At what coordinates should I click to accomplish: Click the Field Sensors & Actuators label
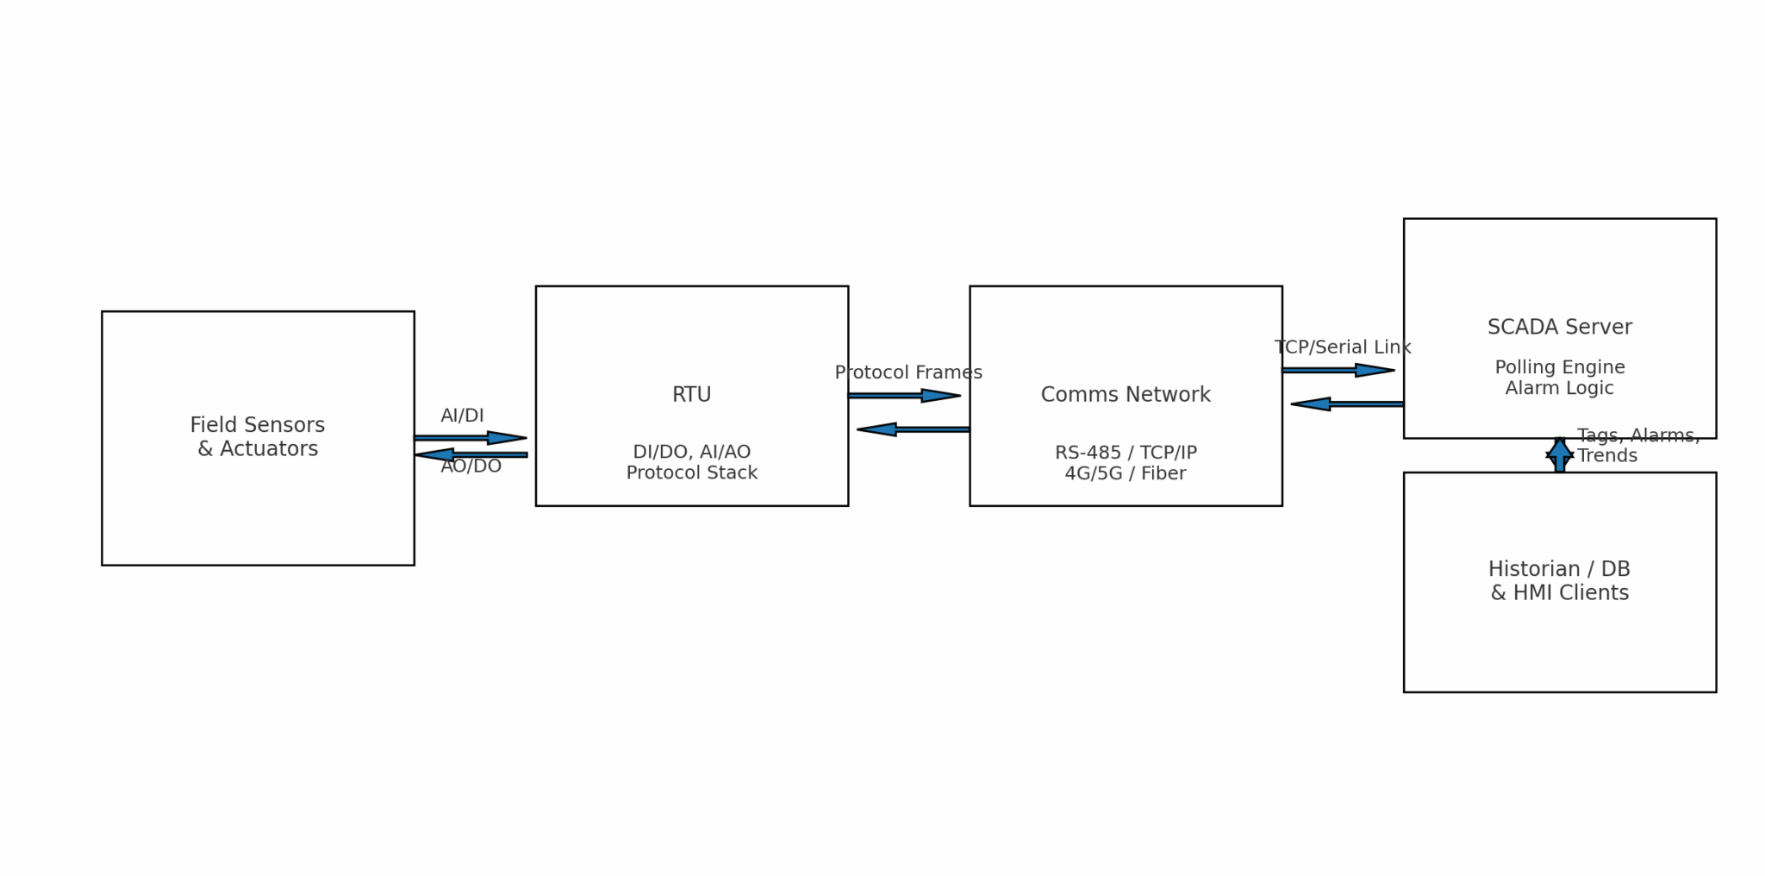257,436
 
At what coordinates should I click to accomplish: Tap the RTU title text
691,395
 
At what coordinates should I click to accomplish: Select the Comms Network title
1125,395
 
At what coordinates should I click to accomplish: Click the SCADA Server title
1559,328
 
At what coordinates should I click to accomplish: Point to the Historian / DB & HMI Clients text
1559,581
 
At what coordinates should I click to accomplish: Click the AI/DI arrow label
462,416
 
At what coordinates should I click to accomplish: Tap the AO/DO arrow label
471,466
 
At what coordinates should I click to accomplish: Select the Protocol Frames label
907,372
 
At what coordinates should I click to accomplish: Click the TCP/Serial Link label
1342,347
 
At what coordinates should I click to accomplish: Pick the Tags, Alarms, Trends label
1637,446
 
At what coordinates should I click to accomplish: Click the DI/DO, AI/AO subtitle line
691,452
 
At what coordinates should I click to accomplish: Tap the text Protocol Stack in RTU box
691,473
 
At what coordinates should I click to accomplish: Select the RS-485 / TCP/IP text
1125,453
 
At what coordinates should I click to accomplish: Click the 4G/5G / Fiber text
1125,473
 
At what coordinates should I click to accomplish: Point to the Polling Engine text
1559,367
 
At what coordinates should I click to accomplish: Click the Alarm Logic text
1559,388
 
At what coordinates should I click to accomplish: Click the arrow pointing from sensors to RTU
471,438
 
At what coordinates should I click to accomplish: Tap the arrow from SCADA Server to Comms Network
1346,404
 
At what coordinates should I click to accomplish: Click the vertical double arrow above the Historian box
1559,454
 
